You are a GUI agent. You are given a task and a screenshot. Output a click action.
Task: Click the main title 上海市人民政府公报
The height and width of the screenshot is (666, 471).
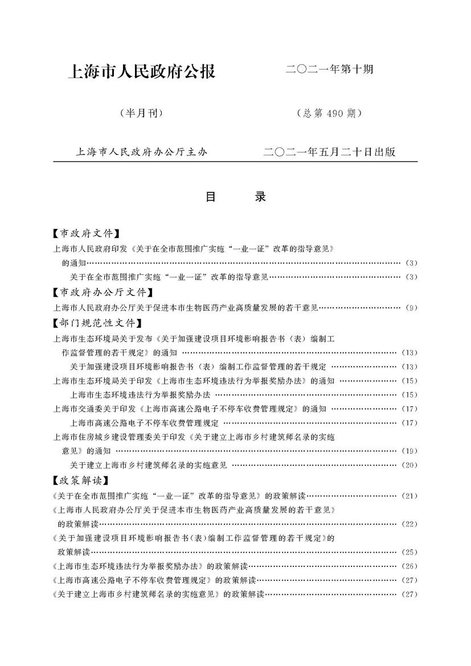[142, 72]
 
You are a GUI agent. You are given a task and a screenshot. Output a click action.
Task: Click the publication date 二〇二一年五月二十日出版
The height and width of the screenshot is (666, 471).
[330, 152]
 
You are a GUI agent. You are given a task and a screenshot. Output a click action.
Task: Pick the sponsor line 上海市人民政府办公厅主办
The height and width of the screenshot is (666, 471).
[142, 152]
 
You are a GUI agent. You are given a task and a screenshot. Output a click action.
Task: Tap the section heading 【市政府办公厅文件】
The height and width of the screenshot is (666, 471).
[102, 293]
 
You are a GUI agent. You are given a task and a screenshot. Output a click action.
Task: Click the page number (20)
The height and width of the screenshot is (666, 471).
[410, 465]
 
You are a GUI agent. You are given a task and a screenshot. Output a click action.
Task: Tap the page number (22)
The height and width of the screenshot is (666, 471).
[410, 524]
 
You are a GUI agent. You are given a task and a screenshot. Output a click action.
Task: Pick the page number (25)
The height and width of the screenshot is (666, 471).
[410, 552]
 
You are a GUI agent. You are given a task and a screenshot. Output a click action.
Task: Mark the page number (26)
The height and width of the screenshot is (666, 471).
[410, 566]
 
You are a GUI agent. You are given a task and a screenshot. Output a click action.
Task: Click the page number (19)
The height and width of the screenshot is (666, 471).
[410, 451]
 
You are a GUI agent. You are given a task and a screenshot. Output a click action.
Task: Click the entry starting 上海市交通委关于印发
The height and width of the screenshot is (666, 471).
[188, 409]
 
